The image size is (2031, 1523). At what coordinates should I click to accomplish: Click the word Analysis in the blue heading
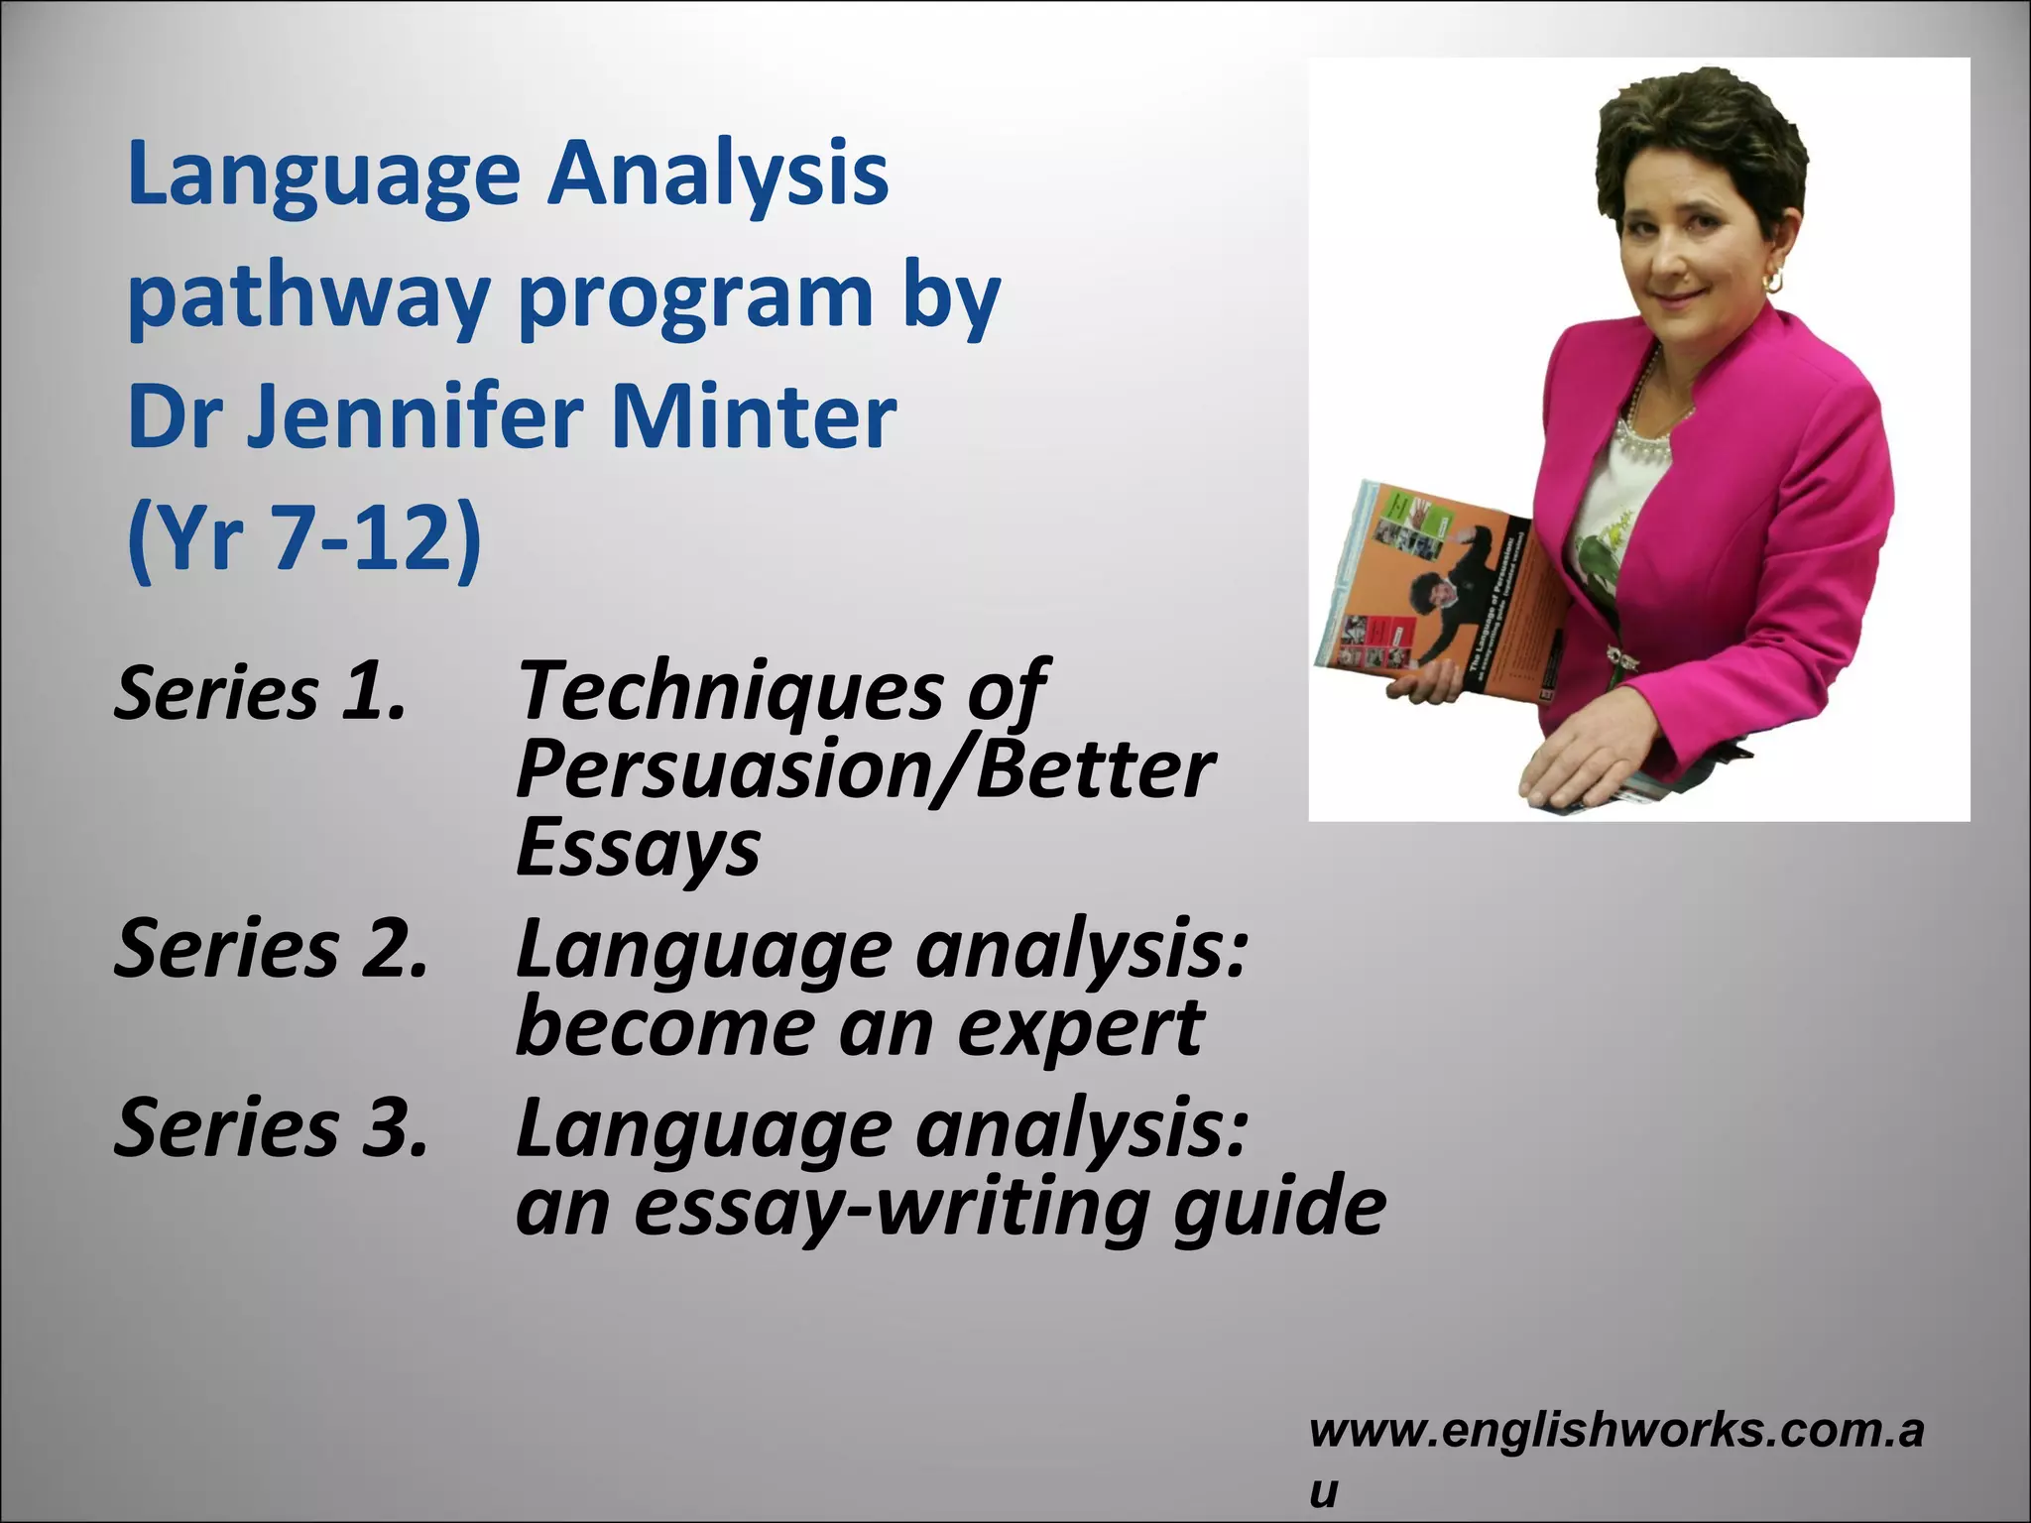719,174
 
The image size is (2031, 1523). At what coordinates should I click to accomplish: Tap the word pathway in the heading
307,297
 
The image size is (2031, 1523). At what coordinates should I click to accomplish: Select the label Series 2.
271,949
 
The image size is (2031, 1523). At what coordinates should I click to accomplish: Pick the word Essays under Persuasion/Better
638,849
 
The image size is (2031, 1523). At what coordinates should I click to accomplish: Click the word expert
1081,1028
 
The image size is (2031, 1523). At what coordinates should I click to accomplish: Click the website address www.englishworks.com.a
1616,1430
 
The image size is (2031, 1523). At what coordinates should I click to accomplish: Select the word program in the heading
694,297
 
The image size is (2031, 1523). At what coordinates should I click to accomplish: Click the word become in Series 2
664,1028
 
